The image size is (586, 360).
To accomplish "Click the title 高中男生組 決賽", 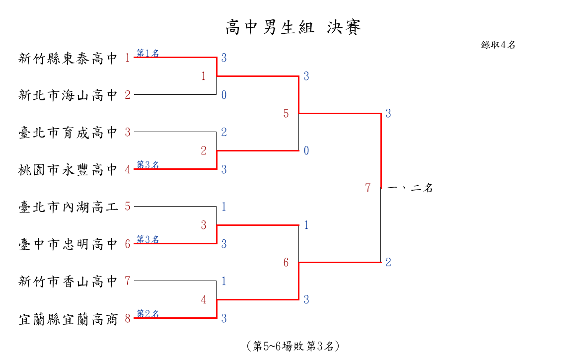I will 293,28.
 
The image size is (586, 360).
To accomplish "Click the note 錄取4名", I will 498,45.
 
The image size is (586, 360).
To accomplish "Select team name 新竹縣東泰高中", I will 68,59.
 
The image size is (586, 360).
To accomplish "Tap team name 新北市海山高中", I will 68,95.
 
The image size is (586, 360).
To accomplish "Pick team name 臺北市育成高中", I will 68,133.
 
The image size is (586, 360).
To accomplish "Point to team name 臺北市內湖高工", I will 68,207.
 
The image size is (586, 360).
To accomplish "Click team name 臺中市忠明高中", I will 68,244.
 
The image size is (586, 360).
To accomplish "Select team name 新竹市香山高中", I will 68,282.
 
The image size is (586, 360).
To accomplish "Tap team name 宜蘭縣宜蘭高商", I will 68,319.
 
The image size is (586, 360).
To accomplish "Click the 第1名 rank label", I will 148,53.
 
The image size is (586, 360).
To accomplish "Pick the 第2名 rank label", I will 148,314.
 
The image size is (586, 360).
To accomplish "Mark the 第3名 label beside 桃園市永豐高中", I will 148,165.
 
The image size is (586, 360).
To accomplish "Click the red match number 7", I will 368,188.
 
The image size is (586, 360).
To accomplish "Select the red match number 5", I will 286,114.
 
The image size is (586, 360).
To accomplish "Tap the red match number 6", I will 286,263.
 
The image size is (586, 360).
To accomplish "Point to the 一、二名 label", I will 410,188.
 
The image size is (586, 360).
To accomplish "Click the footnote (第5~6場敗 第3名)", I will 293,346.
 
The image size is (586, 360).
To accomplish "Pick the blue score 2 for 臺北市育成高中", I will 224,132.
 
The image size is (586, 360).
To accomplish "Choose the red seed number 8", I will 128,319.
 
